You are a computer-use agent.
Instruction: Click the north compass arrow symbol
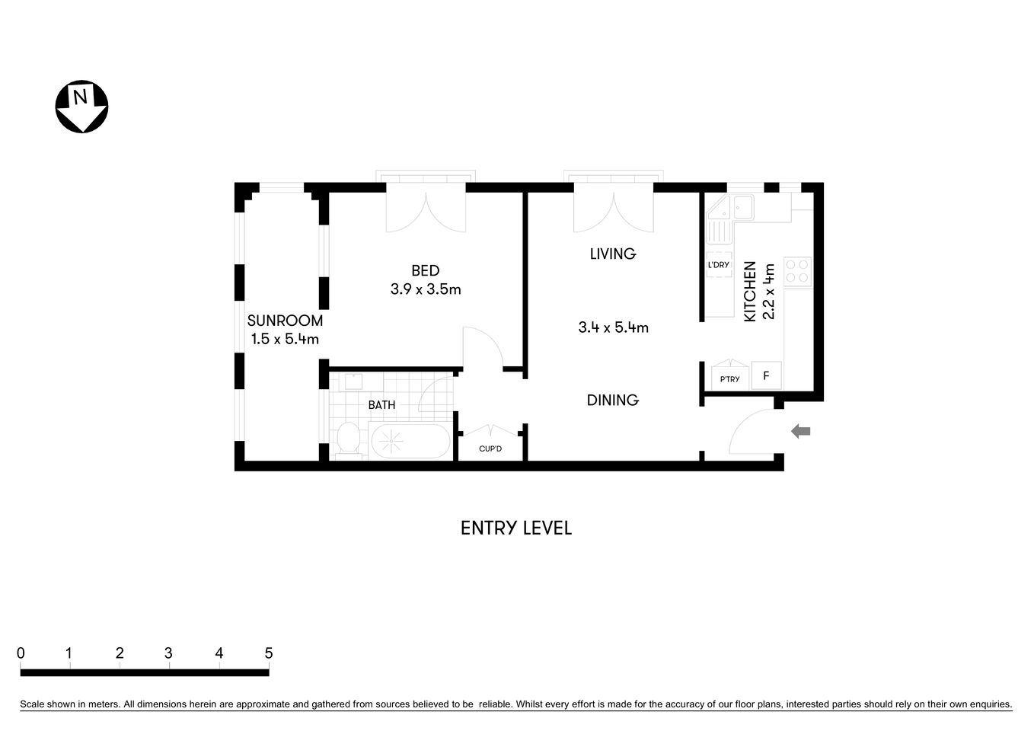81,106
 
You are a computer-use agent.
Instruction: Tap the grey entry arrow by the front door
800,432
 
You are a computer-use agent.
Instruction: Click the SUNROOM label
285,321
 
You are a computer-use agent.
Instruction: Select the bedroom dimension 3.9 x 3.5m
426,289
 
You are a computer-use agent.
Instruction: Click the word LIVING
612,254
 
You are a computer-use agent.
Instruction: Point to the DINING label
612,400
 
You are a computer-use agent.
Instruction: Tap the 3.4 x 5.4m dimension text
613,327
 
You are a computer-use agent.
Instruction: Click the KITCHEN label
749,291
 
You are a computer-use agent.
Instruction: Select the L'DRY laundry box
718,265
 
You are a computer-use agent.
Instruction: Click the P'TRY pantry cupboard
729,378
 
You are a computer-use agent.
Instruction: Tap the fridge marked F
766,375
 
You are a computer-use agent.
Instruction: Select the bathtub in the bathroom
410,440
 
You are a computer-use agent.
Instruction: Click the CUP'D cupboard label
490,448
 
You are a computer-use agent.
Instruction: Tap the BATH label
381,405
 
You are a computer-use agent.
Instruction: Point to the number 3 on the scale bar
168,653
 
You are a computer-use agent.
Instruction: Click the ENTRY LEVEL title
515,528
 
